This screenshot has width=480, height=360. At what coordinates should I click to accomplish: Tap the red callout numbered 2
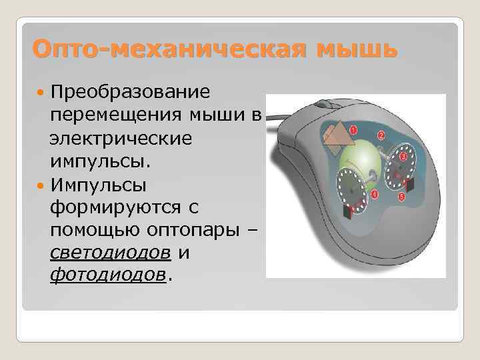pos(381,135)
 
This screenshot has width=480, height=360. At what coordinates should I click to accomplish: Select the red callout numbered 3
pos(403,156)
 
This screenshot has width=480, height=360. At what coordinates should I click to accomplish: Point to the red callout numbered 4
pos(374,194)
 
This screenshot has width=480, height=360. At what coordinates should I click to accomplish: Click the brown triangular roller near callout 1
pos(337,136)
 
